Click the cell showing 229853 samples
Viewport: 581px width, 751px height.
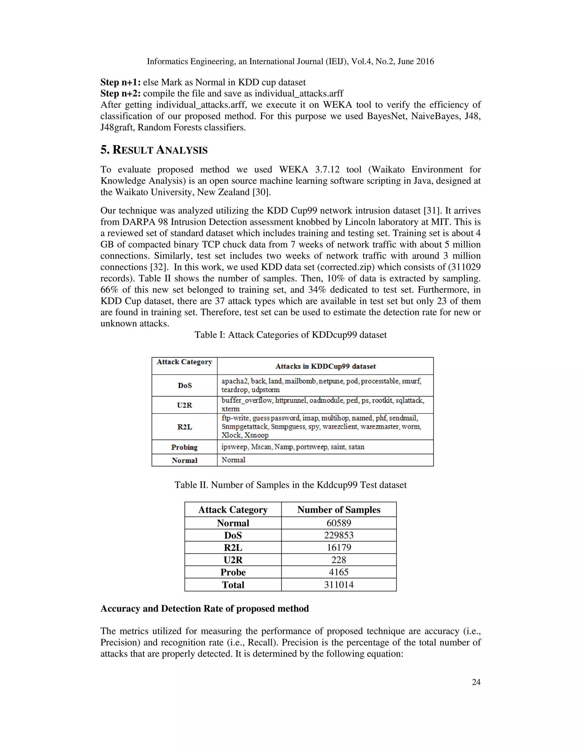339,535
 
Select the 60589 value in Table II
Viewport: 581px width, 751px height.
339,523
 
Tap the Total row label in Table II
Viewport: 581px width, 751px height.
233,585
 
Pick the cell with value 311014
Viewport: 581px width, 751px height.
339,585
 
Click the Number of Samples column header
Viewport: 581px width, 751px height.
339,510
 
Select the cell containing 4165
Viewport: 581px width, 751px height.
339,572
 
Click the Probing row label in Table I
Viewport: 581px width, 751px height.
184,447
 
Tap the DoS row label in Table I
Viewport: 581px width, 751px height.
184,385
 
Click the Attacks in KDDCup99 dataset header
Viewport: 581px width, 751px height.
325,366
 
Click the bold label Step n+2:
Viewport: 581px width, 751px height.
121,94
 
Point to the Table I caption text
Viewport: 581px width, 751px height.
290,335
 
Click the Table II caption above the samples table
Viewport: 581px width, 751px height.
290,485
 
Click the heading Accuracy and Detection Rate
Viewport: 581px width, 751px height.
205,609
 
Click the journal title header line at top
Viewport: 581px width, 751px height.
290,61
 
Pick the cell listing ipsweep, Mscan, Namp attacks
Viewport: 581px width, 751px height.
293,447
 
